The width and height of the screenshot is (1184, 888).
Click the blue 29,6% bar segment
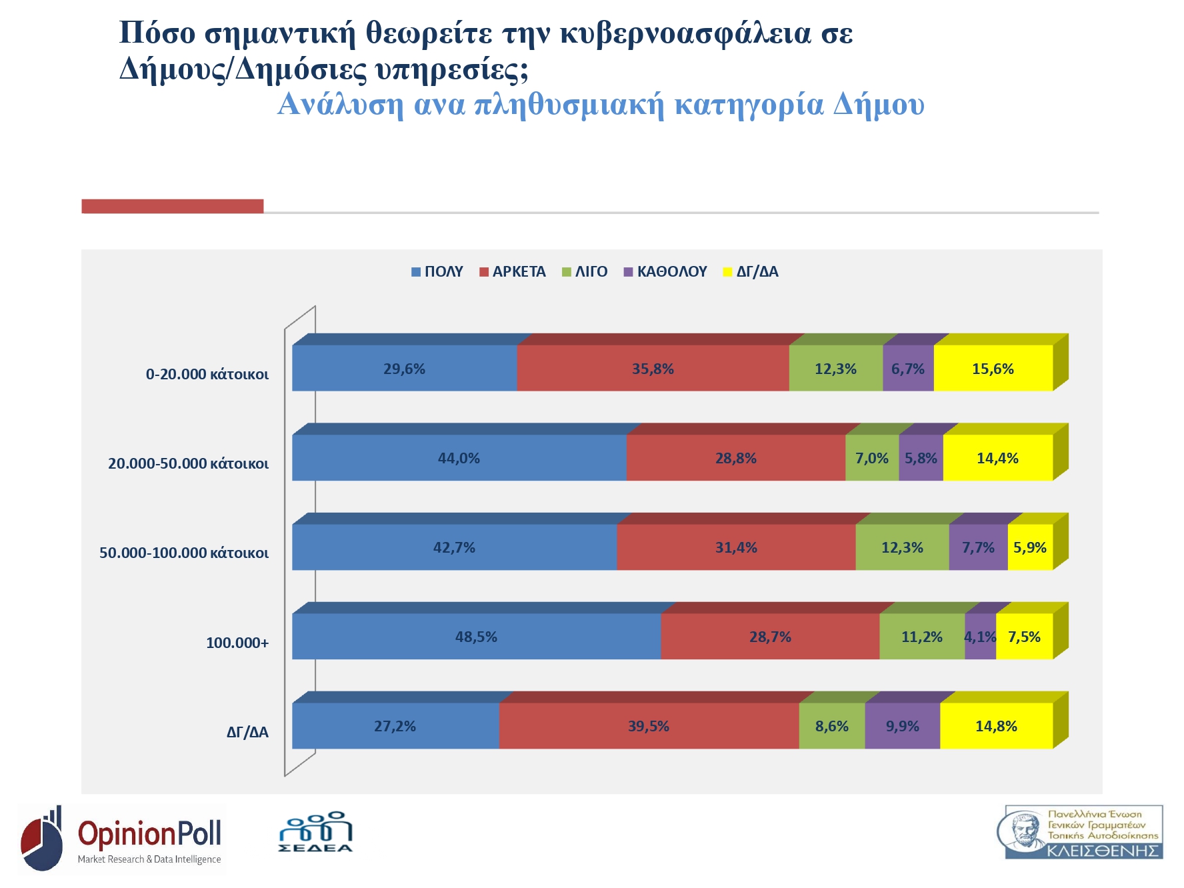(x=404, y=369)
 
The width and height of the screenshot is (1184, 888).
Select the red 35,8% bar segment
(x=653, y=369)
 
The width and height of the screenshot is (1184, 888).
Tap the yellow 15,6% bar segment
(x=993, y=369)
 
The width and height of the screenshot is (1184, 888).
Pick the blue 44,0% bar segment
(x=459, y=458)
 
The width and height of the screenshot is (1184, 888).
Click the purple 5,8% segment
(x=921, y=458)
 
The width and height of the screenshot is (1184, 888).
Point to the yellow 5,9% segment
(x=1030, y=547)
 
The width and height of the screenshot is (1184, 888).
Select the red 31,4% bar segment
(x=736, y=547)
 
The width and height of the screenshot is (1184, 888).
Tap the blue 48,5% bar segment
(x=476, y=637)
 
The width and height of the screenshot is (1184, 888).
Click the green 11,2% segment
(x=922, y=637)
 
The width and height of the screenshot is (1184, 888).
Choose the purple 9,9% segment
(x=902, y=726)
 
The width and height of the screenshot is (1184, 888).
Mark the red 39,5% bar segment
(x=649, y=726)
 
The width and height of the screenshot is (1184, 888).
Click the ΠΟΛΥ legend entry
(x=437, y=272)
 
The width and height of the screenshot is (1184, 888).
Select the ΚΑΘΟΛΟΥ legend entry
(x=665, y=272)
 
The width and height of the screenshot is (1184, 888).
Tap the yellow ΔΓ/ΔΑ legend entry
(x=751, y=272)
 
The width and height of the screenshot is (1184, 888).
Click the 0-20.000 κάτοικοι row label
(x=207, y=375)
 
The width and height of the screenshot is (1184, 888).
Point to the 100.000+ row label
(x=237, y=643)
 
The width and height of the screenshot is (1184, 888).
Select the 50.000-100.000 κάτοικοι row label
(x=184, y=553)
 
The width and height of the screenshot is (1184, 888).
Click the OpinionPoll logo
(x=122, y=839)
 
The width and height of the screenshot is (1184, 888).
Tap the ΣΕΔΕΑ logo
(x=315, y=832)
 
